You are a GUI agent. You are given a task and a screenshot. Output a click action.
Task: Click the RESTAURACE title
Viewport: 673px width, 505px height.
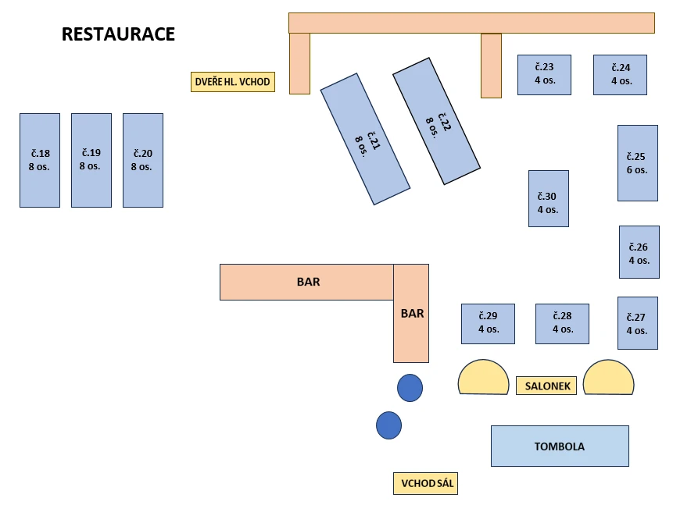click(118, 34)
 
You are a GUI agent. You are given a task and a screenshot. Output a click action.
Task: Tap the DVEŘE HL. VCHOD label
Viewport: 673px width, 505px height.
click(233, 82)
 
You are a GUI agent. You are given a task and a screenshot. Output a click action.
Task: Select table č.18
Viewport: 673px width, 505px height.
click(40, 160)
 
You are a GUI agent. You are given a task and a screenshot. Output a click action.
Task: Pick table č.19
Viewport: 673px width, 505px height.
click(91, 160)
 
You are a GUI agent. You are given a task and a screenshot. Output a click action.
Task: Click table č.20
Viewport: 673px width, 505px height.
click(143, 160)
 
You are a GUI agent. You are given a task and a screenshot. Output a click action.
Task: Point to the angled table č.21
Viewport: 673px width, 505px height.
click(365, 139)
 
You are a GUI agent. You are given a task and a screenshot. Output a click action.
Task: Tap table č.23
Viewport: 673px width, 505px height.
click(544, 74)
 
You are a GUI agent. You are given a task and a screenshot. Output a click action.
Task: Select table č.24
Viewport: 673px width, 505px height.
click(620, 74)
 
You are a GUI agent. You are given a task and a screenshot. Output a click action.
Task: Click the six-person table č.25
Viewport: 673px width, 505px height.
click(637, 162)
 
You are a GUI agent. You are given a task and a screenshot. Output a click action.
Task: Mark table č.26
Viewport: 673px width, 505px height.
click(639, 252)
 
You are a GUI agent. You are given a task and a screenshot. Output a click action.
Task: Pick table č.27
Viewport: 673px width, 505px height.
click(637, 322)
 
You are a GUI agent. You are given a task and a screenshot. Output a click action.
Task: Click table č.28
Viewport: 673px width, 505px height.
click(562, 323)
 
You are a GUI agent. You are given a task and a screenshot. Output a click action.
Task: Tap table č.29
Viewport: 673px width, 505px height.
click(488, 323)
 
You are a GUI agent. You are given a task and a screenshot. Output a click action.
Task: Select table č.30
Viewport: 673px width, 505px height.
click(548, 198)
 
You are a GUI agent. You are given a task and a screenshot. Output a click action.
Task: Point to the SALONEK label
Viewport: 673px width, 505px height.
click(546, 386)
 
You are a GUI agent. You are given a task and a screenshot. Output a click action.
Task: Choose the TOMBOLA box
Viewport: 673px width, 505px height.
click(560, 446)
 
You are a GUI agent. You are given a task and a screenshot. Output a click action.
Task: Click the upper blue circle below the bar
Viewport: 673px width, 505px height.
click(410, 388)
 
